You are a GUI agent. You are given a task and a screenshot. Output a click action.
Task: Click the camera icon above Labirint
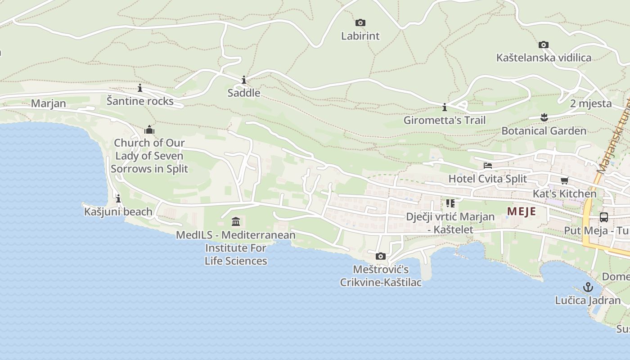coord(360,22)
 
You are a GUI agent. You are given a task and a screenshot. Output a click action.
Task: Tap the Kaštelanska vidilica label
coord(544,58)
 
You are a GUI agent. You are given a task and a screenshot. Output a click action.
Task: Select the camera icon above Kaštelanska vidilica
coord(544,45)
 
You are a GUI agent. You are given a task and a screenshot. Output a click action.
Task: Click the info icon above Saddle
coord(244,80)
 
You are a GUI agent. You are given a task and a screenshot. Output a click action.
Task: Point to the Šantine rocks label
coord(140,101)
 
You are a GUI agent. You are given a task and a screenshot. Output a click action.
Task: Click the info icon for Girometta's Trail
coord(445,107)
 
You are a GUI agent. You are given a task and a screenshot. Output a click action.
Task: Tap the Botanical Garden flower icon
coord(544,117)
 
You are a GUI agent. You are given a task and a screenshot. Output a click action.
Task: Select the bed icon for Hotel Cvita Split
coord(487,166)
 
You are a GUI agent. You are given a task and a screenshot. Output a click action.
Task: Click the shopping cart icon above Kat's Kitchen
coord(564,180)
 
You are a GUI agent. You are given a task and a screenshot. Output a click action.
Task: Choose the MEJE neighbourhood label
coord(522,211)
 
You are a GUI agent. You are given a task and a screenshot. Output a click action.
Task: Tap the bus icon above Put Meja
coord(604,217)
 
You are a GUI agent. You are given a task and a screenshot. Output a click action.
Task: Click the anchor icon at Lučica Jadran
coord(588,287)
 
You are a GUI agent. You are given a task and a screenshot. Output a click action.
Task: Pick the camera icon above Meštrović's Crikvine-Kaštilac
coord(381,256)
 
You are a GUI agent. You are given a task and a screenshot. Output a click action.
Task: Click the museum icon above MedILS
coord(236,221)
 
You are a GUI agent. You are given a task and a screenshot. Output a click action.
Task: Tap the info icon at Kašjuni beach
coord(118,198)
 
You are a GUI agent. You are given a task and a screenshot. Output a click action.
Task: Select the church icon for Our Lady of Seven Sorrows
coord(149,130)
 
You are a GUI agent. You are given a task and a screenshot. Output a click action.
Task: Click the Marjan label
coord(49,103)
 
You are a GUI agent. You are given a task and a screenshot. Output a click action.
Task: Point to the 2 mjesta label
coord(591,103)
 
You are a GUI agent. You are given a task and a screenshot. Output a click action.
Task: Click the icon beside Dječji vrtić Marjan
coord(450,203)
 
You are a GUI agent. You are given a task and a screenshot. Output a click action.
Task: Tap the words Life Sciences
coord(236,261)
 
